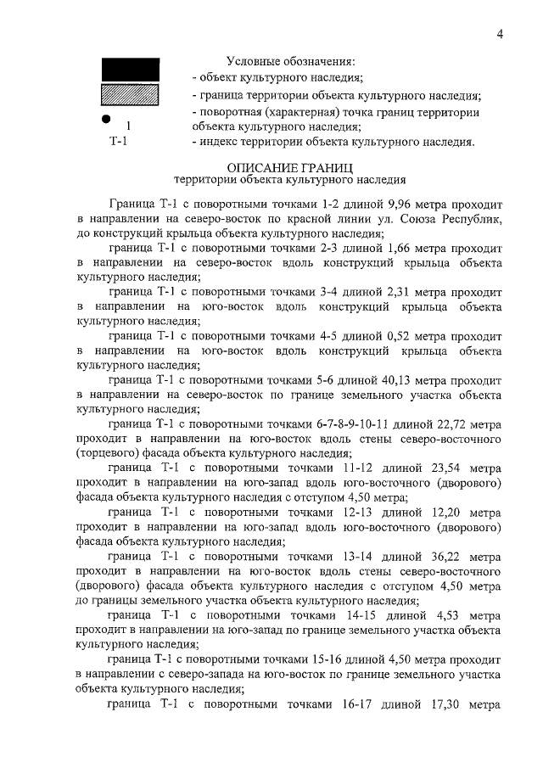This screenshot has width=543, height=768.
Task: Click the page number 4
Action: tap(501, 34)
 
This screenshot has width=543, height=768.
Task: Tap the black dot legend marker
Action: tap(104, 119)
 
